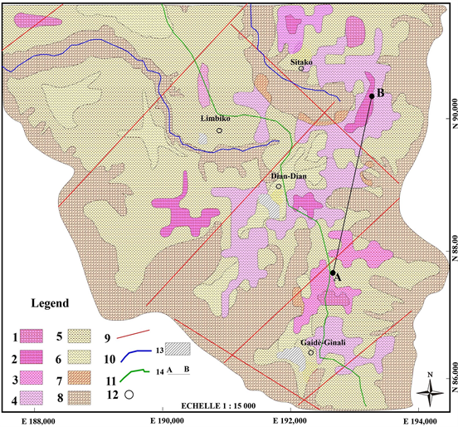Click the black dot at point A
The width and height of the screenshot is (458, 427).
[332, 272]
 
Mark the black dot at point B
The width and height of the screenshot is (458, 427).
[371, 96]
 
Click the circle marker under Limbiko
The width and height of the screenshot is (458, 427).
[219, 130]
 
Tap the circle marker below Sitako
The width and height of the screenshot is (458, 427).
[301, 69]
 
